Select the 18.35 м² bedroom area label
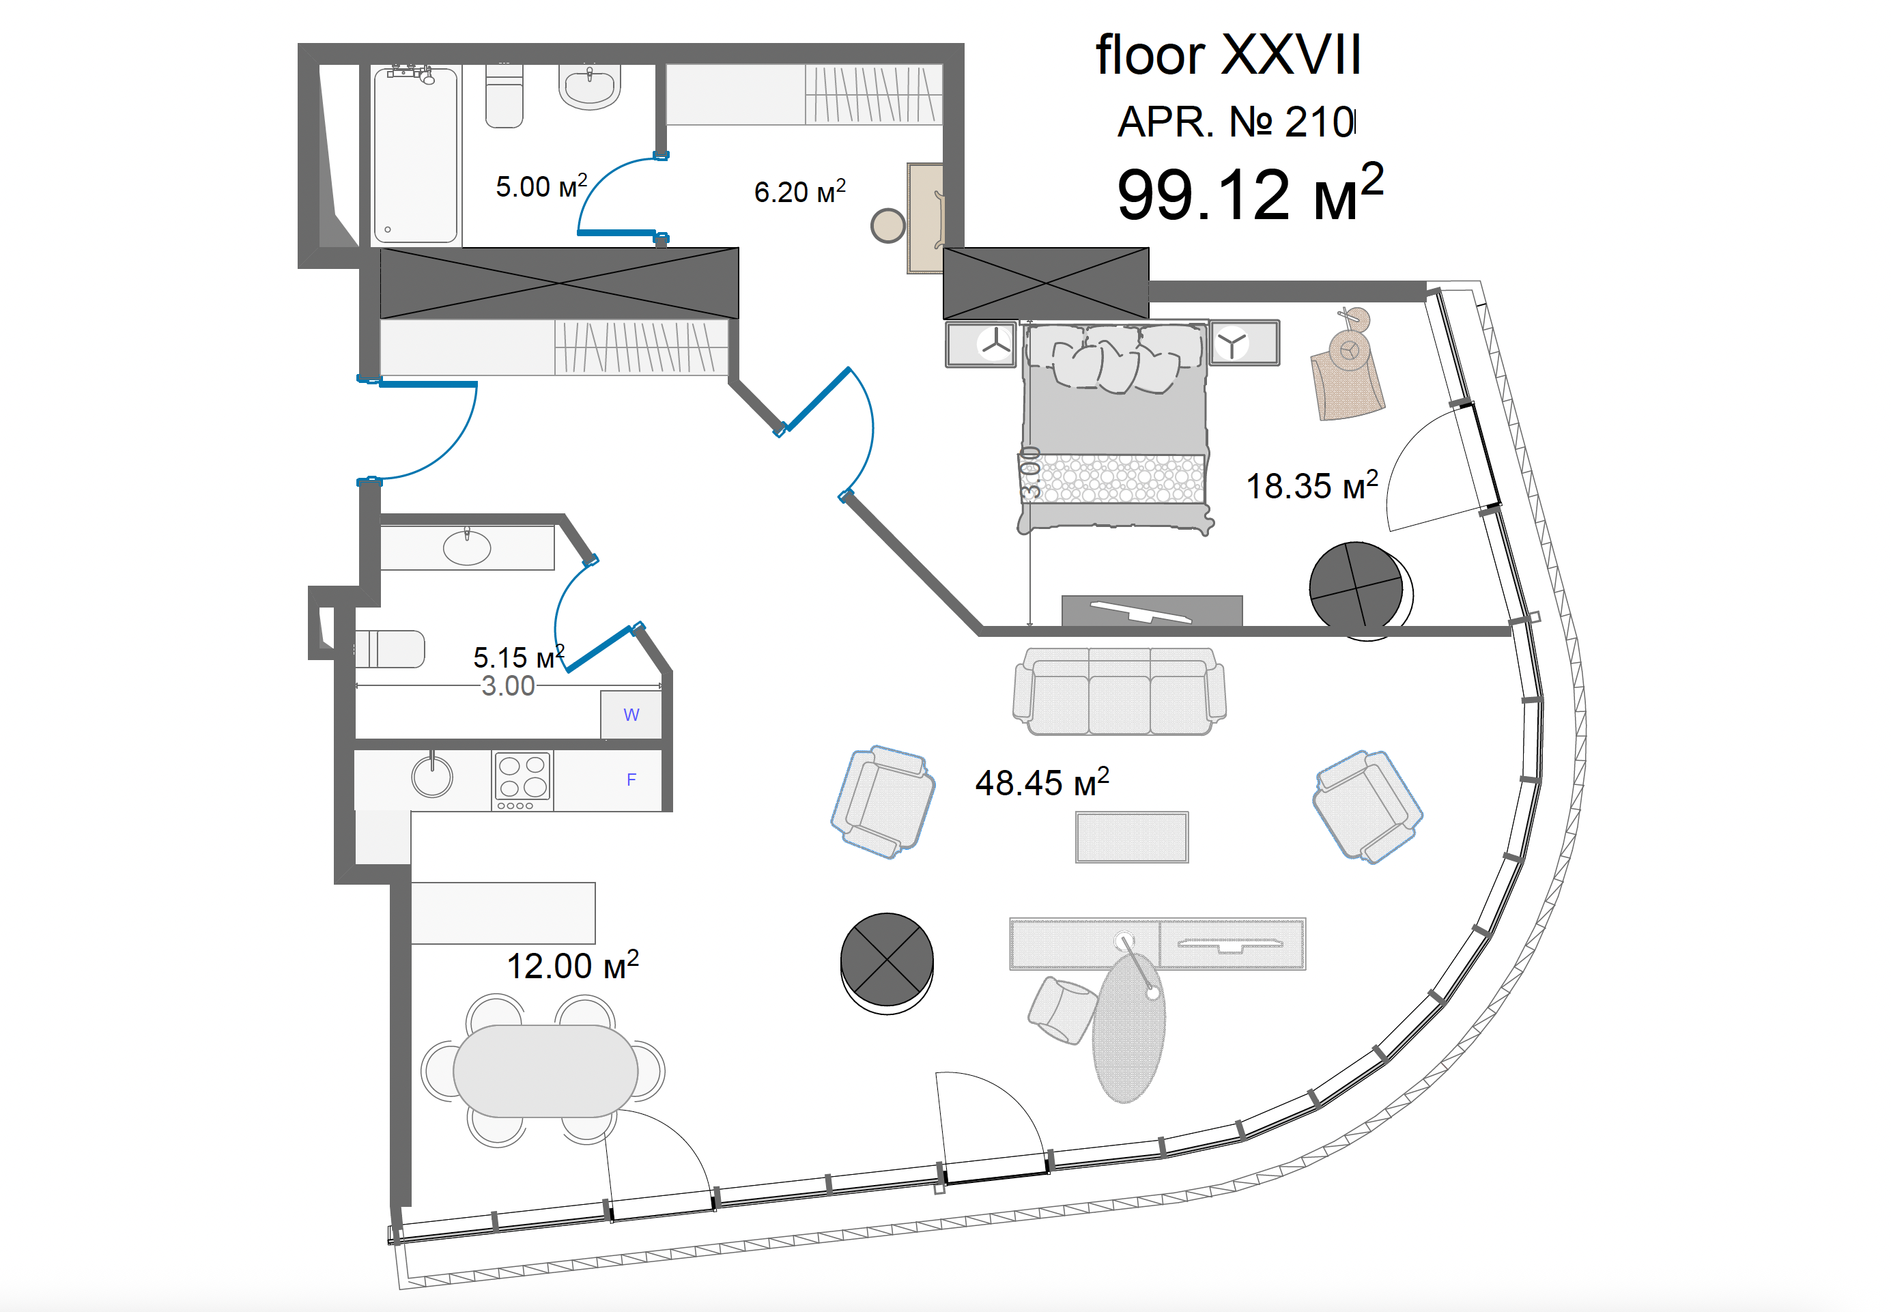pos(1311,485)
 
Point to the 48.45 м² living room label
pos(1042,782)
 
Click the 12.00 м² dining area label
pos(572,965)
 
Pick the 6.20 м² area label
pos(799,192)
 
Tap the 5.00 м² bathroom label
pos(541,186)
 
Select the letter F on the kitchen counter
pos(631,780)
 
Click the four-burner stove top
pos(522,780)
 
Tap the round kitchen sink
pos(431,775)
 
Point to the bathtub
pos(415,154)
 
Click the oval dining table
pos(545,1070)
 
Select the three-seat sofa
pos(1119,691)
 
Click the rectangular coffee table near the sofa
pos(1131,837)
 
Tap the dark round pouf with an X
pos(886,962)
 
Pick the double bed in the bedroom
pos(1115,427)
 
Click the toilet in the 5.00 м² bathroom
pos(504,96)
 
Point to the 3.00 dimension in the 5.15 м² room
pos(507,685)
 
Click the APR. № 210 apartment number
pos(1236,122)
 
